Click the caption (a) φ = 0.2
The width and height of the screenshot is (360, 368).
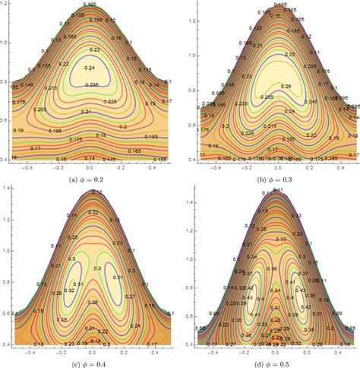point(90,179)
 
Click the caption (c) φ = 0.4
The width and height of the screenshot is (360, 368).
point(90,363)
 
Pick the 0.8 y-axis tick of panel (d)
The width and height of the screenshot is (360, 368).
point(191,291)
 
